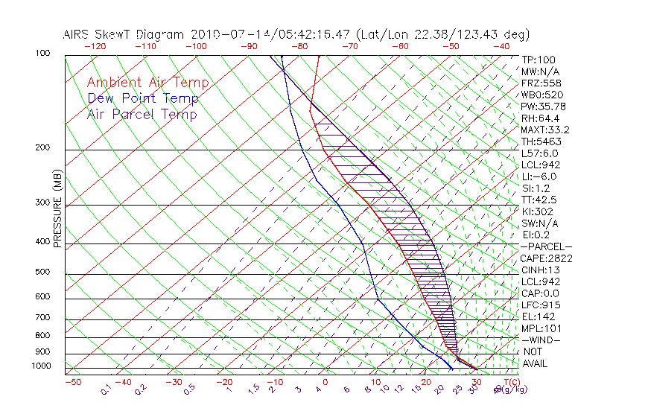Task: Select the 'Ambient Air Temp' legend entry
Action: coord(147,83)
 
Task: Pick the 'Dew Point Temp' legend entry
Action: coord(142,98)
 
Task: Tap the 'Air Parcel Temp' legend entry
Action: coord(142,114)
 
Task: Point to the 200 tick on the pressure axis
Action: coord(44,147)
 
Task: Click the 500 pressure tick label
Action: coord(44,272)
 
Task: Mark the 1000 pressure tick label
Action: coord(42,366)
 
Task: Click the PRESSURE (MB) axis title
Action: coord(57,210)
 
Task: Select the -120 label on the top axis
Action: coord(95,46)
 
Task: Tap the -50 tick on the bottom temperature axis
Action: coord(72,382)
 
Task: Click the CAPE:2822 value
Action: coord(546,258)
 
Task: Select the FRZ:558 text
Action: coord(541,83)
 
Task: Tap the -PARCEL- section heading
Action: coord(546,246)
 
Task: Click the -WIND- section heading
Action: coord(541,340)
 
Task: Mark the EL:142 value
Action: coord(539,316)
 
